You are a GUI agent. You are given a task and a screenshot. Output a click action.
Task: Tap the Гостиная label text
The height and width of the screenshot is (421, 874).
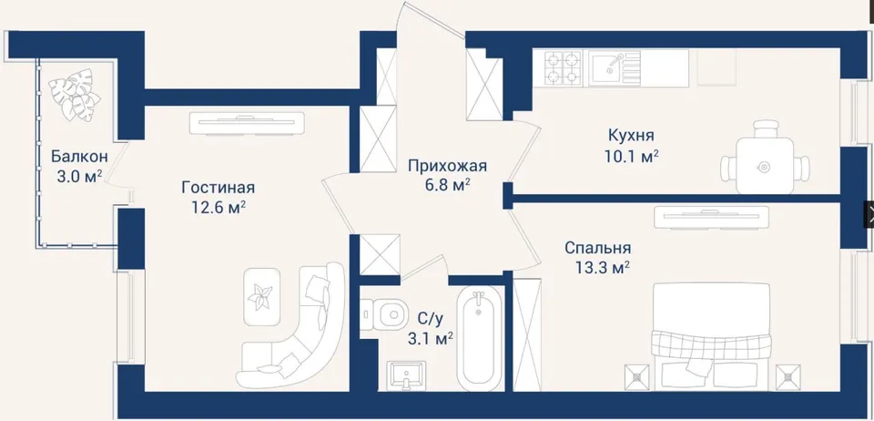click(x=218, y=188)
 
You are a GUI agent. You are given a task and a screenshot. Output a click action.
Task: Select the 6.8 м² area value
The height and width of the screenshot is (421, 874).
click(x=445, y=185)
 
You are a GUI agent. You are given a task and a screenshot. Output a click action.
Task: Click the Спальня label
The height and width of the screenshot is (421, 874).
click(x=597, y=248)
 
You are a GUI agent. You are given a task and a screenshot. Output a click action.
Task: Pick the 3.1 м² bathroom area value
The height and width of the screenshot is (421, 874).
click(x=431, y=337)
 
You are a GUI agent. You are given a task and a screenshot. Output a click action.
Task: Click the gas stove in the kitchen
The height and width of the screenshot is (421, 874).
click(x=563, y=67)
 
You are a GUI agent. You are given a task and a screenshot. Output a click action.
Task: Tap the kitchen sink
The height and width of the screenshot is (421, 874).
click(x=612, y=67)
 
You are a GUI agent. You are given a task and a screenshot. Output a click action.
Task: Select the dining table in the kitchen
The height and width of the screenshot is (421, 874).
click(x=764, y=166)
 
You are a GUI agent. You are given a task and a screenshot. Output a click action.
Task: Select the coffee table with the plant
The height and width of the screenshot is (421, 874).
click(x=261, y=297)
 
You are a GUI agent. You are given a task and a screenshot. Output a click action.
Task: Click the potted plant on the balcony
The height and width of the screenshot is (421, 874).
click(x=75, y=94)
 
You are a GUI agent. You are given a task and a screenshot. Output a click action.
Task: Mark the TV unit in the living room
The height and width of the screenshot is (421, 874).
click(x=247, y=123)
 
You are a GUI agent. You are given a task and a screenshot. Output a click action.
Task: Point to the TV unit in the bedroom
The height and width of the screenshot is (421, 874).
click(x=711, y=218)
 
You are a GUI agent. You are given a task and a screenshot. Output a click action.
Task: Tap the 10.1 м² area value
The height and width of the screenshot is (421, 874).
click(x=632, y=156)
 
